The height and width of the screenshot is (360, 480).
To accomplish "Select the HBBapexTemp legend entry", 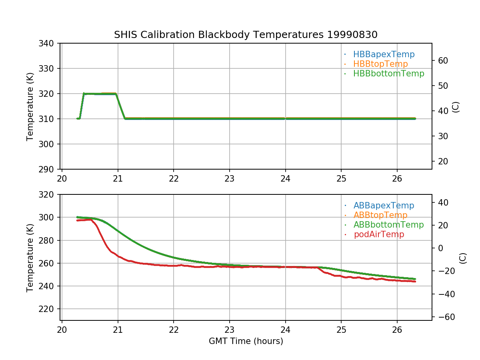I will point(384,54).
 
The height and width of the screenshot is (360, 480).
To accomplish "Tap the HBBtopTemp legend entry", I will point(380,64).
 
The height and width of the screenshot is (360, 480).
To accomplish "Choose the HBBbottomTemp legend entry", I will point(388,74).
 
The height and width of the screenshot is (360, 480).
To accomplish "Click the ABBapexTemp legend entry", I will point(384,206).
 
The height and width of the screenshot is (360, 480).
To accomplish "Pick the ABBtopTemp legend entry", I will point(380,215).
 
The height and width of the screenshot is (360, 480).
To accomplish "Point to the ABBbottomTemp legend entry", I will point(388,225).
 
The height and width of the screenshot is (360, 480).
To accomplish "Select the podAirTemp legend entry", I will point(379,234).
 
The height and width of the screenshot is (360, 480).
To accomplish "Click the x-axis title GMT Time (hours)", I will point(246,341).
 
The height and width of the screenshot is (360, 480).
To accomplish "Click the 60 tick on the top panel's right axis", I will point(443,60).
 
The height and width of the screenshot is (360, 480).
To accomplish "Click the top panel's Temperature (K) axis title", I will point(30,106).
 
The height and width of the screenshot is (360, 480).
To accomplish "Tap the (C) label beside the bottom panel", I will point(463,258).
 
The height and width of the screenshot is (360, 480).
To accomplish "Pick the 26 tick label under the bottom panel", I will point(397,329).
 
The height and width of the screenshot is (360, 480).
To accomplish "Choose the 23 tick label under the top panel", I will point(229,178).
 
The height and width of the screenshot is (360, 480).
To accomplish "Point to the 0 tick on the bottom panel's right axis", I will point(440,248).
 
